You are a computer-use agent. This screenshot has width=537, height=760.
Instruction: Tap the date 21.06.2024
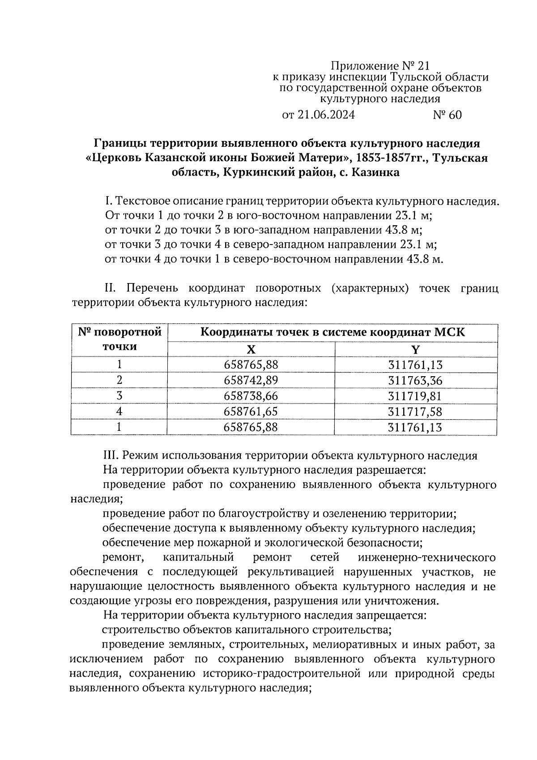click(x=325, y=115)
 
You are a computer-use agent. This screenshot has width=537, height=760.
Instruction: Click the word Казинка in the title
click(x=376, y=172)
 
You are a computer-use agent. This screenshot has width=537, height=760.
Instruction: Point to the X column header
click(x=251, y=349)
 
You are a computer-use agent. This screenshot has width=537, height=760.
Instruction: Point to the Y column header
click(x=416, y=349)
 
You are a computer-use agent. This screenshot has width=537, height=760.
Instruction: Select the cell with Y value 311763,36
click(x=415, y=380)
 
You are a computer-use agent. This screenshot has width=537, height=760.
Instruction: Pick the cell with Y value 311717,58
click(x=415, y=412)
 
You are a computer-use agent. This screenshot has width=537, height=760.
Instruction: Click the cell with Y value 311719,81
click(x=415, y=396)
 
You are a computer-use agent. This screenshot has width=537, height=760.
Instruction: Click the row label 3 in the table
click(x=119, y=396)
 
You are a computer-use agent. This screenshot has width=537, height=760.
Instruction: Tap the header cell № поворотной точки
click(x=119, y=339)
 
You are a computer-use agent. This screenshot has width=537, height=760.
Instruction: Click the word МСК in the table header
click(x=450, y=332)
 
